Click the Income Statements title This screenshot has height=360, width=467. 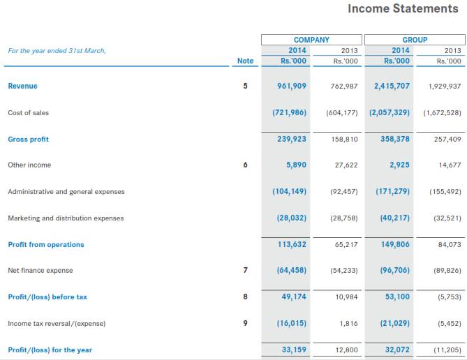[x=403, y=9]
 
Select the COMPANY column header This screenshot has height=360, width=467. [x=311, y=40]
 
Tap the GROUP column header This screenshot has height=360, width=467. [x=415, y=40]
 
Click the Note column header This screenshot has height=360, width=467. [x=246, y=61]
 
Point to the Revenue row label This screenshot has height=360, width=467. [x=22, y=86]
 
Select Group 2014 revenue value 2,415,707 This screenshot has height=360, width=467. [x=392, y=86]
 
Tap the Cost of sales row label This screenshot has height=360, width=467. [x=28, y=112]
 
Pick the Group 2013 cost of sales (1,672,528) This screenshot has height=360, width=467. [x=443, y=112]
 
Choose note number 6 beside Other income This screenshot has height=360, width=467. [x=245, y=165]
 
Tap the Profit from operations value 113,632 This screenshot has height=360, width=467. [x=292, y=244]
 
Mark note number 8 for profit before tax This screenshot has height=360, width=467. [x=245, y=297]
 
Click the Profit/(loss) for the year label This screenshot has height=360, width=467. [x=50, y=350]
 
